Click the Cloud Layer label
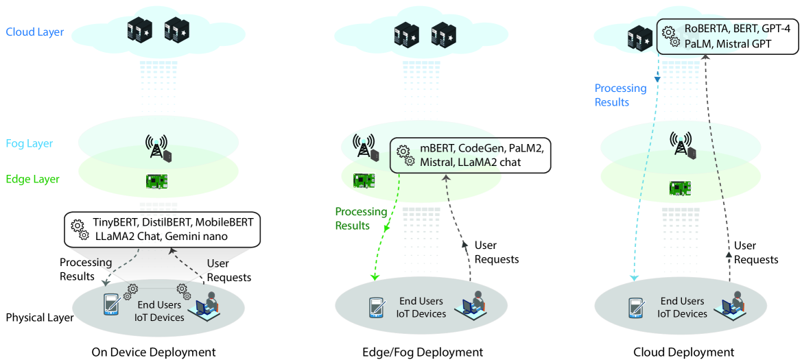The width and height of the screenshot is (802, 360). click(x=34, y=32)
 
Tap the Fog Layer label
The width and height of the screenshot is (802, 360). click(x=29, y=144)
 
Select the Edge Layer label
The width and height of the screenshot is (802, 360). click(x=32, y=180)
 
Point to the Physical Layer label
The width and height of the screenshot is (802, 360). click(x=40, y=318)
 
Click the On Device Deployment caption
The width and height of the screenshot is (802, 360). click(x=154, y=352)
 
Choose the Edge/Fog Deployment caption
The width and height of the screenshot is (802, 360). click(x=423, y=352)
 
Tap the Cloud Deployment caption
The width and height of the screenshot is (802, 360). click(x=684, y=352)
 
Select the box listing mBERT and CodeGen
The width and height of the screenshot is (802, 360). click(x=471, y=156)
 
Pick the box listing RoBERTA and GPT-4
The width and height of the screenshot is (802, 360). click(x=729, y=36)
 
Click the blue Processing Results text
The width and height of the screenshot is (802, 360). click(x=620, y=95)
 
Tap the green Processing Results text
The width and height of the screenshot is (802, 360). click(x=361, y=219)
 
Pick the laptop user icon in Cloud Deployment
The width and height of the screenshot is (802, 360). click(x=731, y=306)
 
